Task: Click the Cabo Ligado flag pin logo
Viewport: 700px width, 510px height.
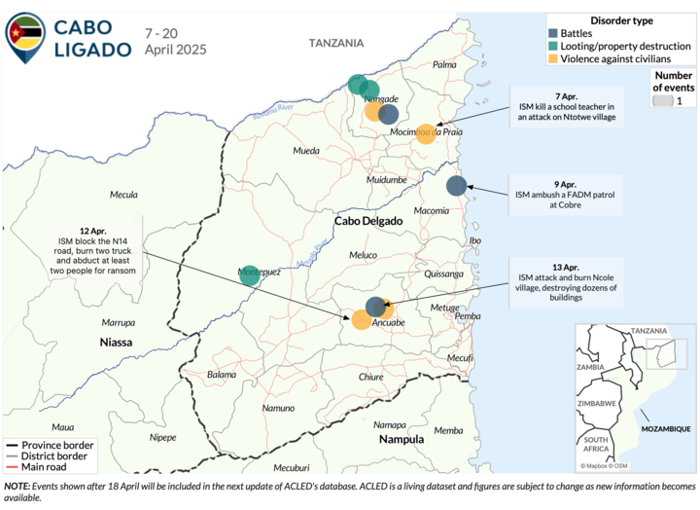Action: [25, 36]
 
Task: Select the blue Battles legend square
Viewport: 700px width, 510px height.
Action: [553, 33]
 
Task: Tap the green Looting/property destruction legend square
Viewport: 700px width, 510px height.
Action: [553, 46]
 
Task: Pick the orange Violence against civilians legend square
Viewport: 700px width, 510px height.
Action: [553, 59]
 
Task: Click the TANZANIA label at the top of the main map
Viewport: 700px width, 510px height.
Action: [336, 43]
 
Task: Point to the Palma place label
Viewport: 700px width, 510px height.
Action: [444, 64]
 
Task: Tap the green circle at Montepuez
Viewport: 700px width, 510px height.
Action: [250, 275]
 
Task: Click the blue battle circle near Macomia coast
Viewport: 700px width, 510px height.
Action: [456, 186]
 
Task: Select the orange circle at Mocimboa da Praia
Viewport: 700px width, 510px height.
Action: [425, 134]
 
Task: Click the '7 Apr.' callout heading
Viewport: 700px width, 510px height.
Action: [567, 95]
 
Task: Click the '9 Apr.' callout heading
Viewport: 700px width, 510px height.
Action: [567, 183]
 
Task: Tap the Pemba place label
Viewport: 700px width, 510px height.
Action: [469, 316]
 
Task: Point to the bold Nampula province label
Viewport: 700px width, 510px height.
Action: [401, 439]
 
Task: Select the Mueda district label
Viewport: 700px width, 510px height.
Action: [306, 152]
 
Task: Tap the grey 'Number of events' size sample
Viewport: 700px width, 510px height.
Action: [663, 100]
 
